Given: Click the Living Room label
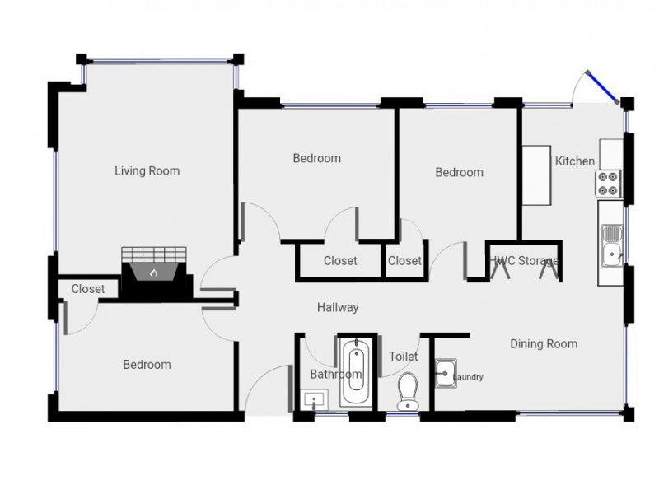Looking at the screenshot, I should [x=147, y=171].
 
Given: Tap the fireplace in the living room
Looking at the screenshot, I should [x=153, y=271].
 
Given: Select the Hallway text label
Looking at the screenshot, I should [x=338, y=308].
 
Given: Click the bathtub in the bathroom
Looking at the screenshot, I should [x=357, y=375].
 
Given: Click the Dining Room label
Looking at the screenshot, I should [x=544, y=343].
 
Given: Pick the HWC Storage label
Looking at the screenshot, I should [x=525, y=261].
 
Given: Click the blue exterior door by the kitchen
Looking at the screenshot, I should [x=603, y=86].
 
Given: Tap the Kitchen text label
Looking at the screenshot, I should [x=574, y=161].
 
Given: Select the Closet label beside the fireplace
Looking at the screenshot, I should [x=87, y=289].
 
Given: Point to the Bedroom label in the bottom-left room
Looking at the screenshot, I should [x=147, y=365].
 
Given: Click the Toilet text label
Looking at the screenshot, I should [x=404, y=357].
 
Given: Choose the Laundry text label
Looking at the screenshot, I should [x=466, y=378].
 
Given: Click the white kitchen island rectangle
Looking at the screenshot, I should [x=536, y=174].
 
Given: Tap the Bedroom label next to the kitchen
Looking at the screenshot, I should [x=459, y=172].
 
